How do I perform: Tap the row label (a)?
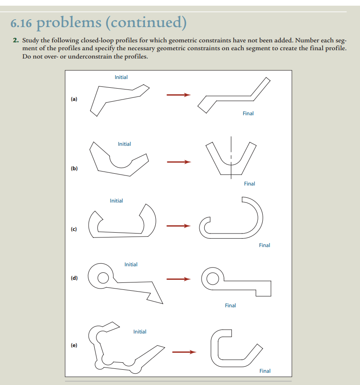click(x=74, y=100)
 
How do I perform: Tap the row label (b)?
click(x=74, y=168)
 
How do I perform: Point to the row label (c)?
click(x=74, y=229)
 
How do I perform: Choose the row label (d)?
click(x=74, y=278)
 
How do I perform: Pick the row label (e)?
click(x=74, y=345)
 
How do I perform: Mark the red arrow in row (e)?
click(x=183, y=352)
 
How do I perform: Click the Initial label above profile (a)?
click(x=121, y=77)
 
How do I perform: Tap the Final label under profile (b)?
click(x=250, y=184)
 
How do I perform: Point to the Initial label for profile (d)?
click(x=131, y=265)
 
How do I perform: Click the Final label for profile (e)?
click(x=265, y=371)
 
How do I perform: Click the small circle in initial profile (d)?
click(x=103, y=277)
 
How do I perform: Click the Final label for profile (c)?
click(x=264, y=245)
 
